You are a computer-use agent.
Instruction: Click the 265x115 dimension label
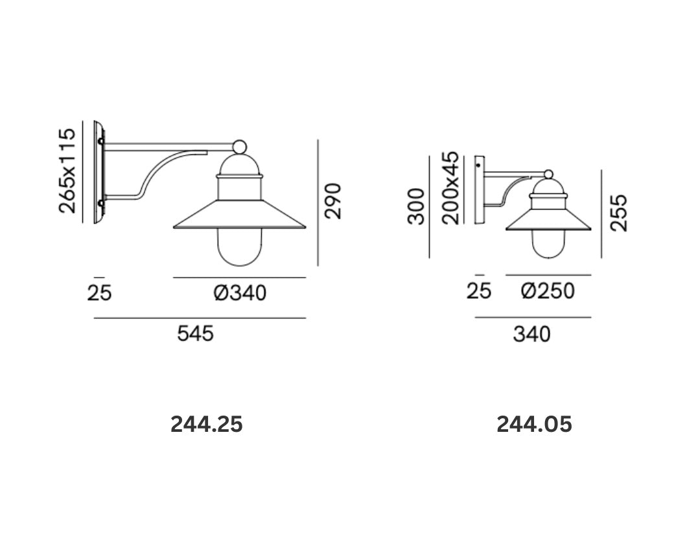(x=67, y=171)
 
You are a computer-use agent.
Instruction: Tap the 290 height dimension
(x=333, y=201)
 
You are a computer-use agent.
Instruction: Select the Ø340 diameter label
(x=240, y=293)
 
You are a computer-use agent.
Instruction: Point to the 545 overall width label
(x=196, y=333)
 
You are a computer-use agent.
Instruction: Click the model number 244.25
(x=207, y=424)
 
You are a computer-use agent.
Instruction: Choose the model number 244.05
(x=534, y=424)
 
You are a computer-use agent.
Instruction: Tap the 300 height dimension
(x=417, y=206)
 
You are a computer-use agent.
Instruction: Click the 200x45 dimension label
(x=451, y=187)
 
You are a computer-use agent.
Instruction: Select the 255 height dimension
(x=618, y=213)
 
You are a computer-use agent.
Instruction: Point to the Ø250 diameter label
(x=548, y=291)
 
